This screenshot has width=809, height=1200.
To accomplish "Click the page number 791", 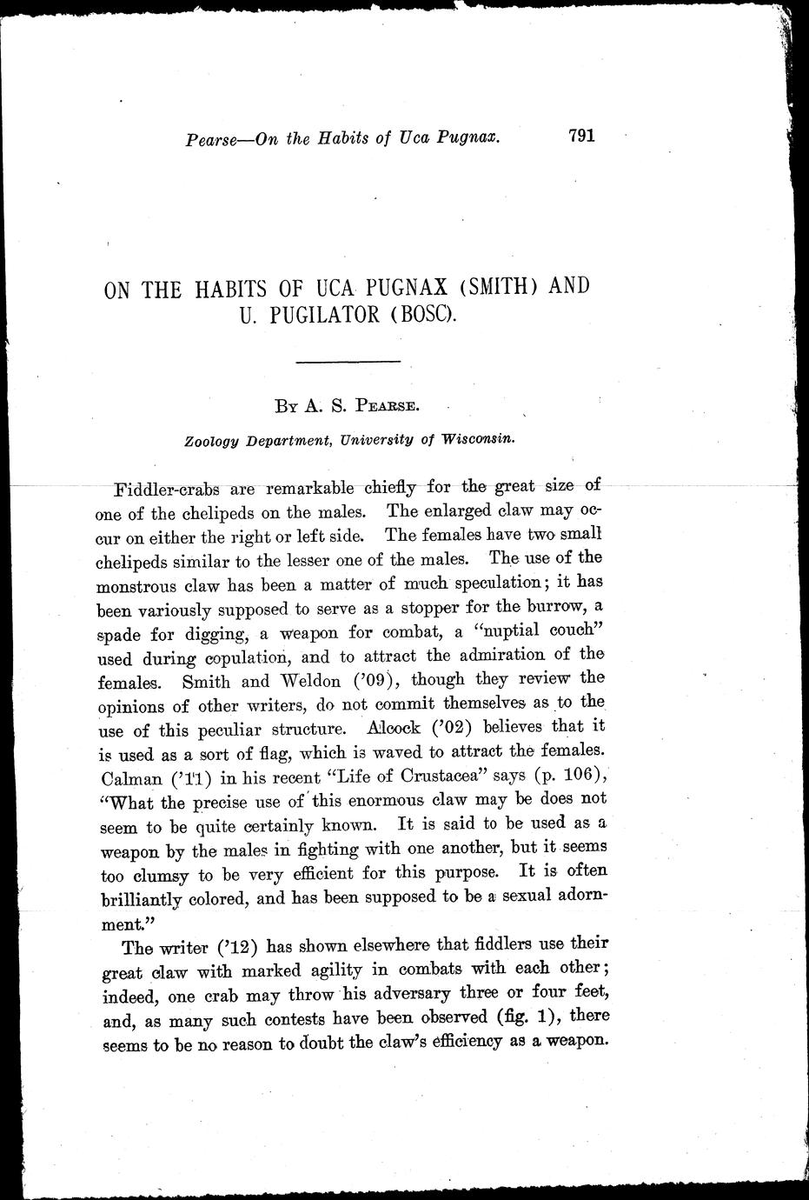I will coord(580,136).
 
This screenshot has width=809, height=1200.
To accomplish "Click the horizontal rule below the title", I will coord(348,360).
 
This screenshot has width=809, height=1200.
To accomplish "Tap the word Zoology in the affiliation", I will coord(212,441).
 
